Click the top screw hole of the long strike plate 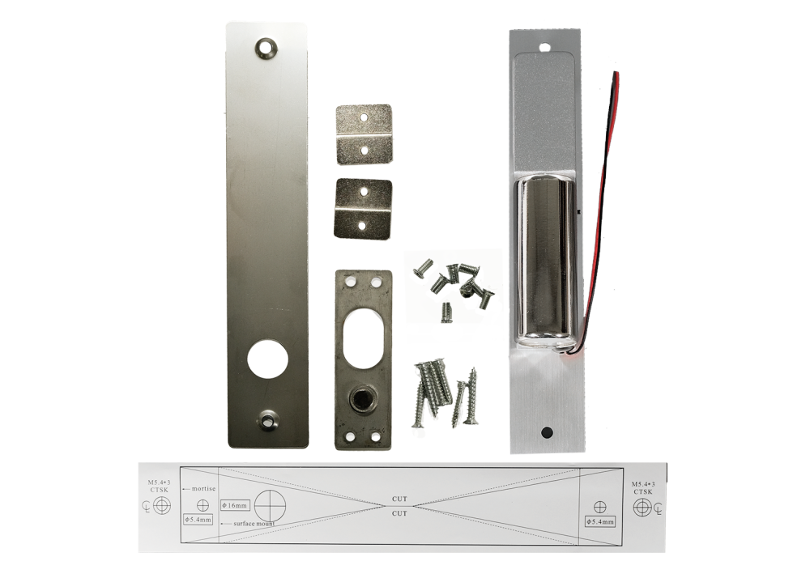coord(266,47)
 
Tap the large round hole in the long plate coord(267,360)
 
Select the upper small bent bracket coord(364,134)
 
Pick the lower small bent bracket coord(363,209)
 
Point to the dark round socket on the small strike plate coord(360,400)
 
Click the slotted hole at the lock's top coord(544,48)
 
